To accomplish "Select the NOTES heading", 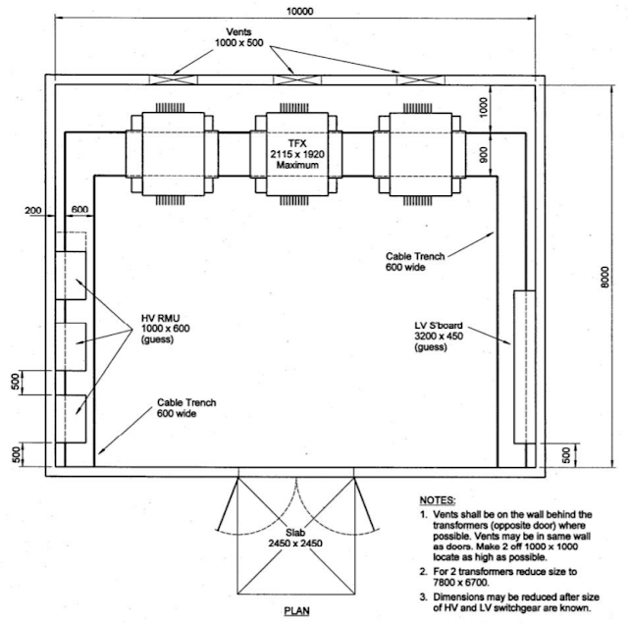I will [437, 500].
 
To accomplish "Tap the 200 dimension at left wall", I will [35, 211].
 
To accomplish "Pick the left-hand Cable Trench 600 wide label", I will [187, 408].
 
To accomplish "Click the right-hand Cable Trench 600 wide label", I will [415, 262].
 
